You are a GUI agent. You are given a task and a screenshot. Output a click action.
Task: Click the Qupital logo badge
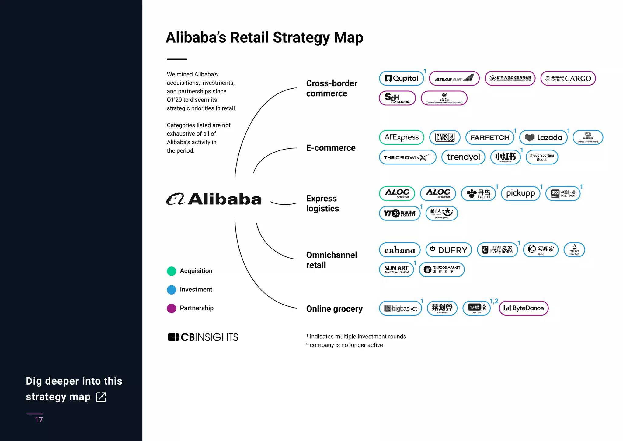401,78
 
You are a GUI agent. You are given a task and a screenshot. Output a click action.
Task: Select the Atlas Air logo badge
454,78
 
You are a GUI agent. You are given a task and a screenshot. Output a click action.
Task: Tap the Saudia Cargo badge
568,78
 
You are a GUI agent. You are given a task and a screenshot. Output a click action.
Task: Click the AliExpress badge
401,137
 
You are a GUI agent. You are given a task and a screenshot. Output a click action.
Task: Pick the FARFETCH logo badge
489,137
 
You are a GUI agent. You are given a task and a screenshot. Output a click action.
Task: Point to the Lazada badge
543,137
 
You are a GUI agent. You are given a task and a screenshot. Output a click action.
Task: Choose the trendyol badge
463,157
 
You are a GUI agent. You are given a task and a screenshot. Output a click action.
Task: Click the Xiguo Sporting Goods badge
542,157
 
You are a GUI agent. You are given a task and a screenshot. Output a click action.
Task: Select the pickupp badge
520,193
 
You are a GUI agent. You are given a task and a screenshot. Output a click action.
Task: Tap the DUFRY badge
448,250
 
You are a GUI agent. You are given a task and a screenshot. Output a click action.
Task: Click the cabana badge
399,250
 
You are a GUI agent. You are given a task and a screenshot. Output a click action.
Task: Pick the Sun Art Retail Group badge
396,270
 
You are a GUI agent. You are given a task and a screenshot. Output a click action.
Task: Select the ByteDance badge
523,308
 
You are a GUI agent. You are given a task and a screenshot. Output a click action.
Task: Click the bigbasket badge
400,308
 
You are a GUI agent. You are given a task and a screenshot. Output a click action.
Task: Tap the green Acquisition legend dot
172,271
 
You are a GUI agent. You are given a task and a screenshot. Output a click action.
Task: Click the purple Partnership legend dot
172,308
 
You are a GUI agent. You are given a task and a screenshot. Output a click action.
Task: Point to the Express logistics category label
322,203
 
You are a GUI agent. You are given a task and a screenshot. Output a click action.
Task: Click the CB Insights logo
203,337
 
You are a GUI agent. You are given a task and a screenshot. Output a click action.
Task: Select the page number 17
39,420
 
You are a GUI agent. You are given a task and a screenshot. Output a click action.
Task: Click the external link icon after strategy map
101,397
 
